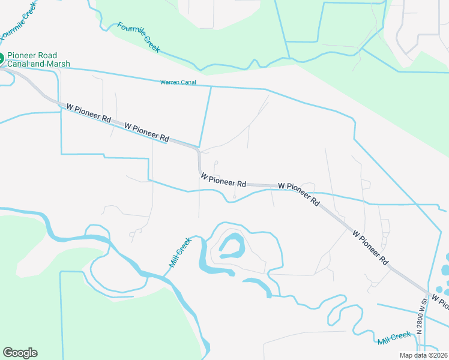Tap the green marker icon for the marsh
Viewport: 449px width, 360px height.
(x=1, y=59)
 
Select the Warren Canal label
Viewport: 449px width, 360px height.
(x=178, y=82)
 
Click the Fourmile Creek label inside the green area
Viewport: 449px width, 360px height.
(x=139, y=38)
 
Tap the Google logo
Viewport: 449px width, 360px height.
(x=20, y=352)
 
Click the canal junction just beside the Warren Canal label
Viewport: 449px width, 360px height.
(x=211, y=86)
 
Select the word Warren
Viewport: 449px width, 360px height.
(x=170, y=82)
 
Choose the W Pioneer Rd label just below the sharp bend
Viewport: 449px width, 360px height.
(x=223, y=180)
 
